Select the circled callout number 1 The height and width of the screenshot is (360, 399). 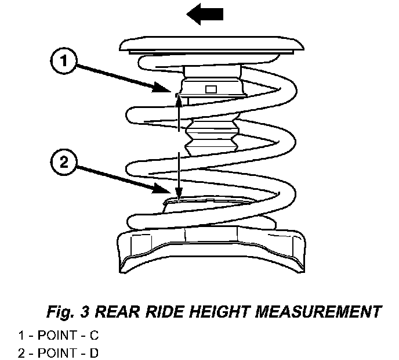pyautogui.click(x=67, y=62)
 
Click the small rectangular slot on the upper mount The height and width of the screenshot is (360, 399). pyautogui.click(x=211, y=89)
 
